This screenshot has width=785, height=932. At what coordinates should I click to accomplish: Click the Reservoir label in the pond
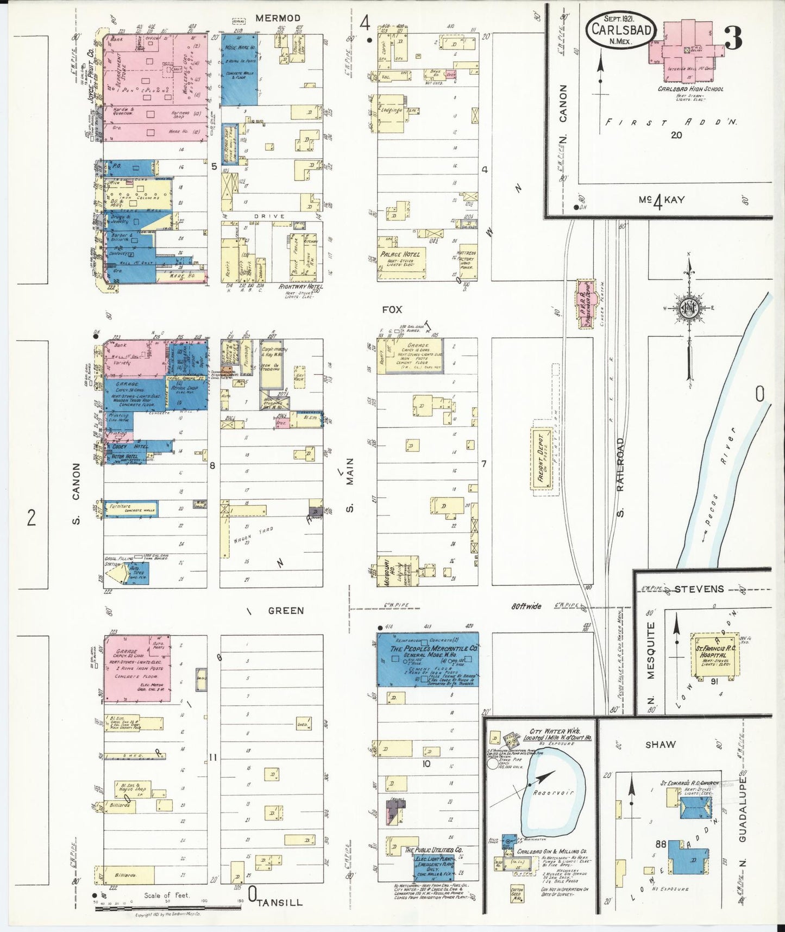pos(554,792)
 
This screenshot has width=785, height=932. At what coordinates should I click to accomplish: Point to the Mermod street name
pos(278,18)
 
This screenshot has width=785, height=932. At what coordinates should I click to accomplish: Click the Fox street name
pos(392,309)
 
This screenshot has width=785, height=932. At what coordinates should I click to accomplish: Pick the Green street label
pos(286,611)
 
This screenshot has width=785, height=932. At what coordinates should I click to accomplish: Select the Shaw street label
pos(661,744)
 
